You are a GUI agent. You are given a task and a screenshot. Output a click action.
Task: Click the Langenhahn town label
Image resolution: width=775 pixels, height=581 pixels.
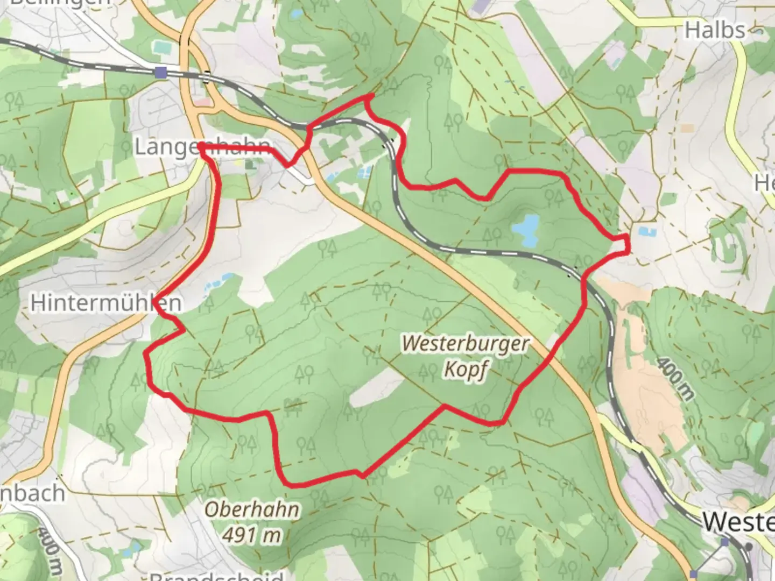coord(202,147)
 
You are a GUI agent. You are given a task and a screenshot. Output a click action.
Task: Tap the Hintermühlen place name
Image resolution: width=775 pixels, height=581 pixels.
coord(105,303)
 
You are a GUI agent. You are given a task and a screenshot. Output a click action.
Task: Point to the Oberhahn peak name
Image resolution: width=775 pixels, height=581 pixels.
coord(252,509)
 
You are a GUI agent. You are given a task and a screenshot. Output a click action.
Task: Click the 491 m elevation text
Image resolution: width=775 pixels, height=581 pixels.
coord(252,534)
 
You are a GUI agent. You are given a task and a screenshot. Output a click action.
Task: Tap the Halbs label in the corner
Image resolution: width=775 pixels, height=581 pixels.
coord(715,30)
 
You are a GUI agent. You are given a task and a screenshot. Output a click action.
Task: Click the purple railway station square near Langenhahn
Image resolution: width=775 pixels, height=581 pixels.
coord(160,72)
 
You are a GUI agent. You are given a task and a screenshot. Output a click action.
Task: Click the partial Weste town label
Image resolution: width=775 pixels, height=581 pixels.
coord(738,522)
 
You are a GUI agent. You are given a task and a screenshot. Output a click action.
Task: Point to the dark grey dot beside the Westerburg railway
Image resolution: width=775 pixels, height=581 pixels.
coord(749,547)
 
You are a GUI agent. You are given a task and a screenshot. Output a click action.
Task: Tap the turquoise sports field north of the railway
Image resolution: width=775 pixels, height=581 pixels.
coord(160,47)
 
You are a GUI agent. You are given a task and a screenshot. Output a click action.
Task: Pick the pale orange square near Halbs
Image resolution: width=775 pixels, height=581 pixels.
coord(687,129)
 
